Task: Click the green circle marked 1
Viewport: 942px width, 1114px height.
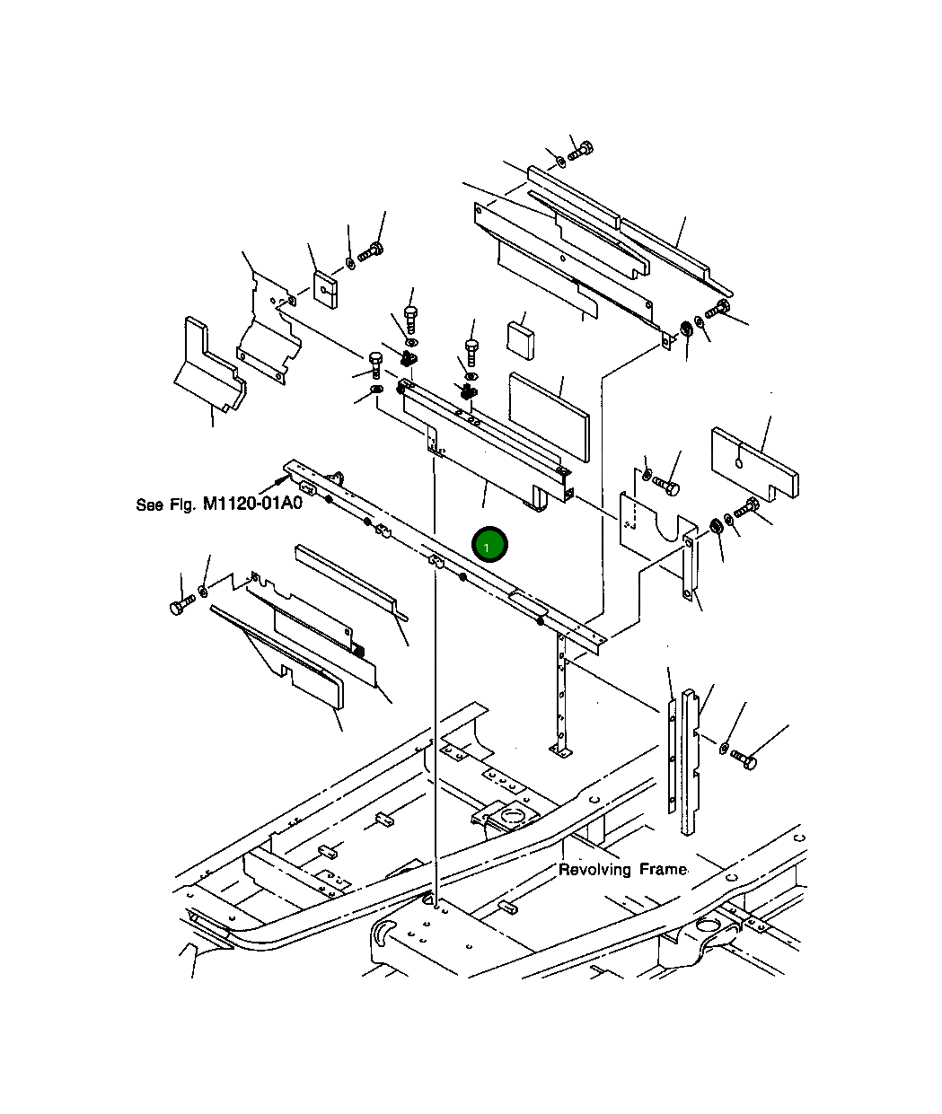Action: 490,544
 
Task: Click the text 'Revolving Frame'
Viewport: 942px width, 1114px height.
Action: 622,870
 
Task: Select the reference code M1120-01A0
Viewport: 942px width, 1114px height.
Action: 252,504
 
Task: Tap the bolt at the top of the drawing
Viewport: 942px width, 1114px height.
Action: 580,150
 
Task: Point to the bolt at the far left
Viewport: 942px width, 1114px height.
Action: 181,606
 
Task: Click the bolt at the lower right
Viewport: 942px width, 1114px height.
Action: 744,759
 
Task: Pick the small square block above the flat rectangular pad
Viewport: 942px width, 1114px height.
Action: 520,337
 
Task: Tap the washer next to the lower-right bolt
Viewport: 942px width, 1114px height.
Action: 724,747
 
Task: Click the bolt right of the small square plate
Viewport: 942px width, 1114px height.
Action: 370,253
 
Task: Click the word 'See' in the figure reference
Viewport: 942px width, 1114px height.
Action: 149,505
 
